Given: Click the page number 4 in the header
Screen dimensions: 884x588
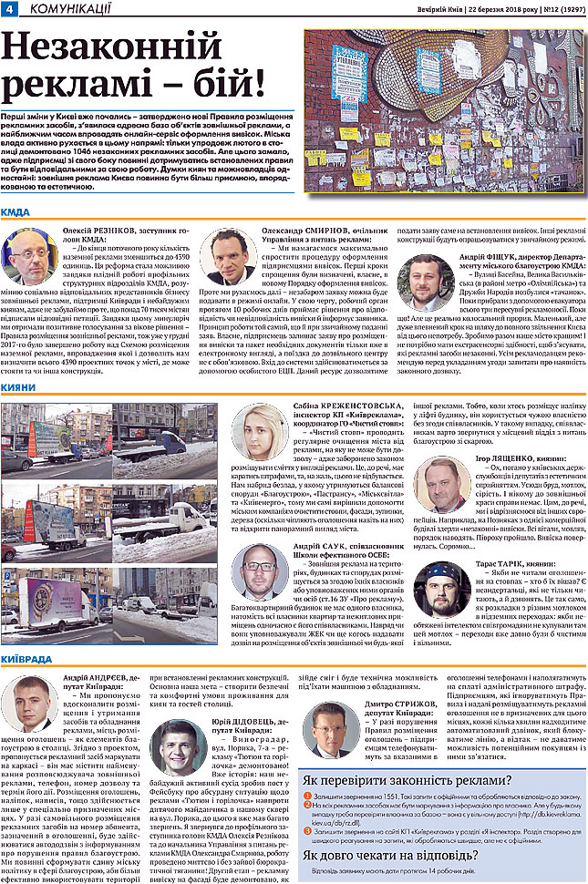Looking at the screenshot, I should pyautogui.click(x=8, y=8).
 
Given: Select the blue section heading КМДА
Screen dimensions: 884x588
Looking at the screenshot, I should pyautogui.click(x=15, y=212).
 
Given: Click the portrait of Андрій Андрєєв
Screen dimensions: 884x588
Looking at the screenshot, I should pyautogui.click(x=28, y=703).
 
